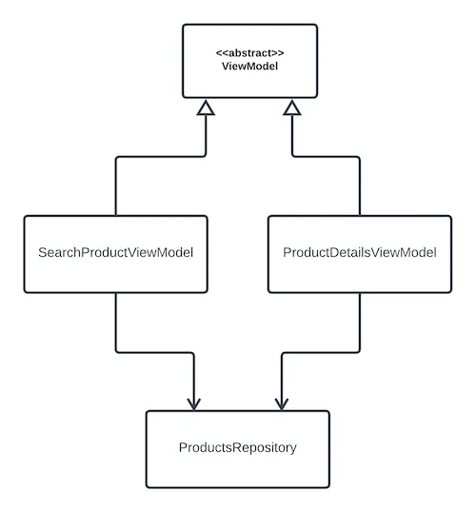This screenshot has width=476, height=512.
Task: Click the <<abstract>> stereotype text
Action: pos(250,53)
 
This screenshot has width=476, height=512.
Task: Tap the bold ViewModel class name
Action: pos(250,66)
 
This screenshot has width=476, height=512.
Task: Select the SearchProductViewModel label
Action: pos(115,252)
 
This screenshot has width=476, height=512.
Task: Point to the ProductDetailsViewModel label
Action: pos(360,252)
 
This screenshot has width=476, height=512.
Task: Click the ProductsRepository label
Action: pos(238,447)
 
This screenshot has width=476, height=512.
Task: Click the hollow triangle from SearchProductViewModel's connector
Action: pos(206,108)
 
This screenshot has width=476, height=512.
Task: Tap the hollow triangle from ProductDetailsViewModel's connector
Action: pos(292,108)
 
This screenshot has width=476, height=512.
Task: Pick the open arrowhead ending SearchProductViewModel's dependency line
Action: pos(194,404)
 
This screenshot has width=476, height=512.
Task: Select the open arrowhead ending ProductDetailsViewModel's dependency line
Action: pos(282,404)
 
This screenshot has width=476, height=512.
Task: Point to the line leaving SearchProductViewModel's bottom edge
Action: pos(155,352)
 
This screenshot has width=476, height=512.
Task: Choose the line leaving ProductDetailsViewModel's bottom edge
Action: pos(320,352)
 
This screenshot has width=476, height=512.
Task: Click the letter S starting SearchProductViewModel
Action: pos(42,252)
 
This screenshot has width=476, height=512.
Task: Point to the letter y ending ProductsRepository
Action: pos(294,449)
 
